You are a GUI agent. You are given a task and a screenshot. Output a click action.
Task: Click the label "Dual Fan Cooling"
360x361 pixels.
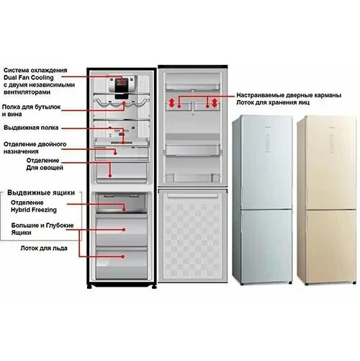pos(29,78)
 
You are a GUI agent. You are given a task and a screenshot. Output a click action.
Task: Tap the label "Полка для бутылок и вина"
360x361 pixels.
pos(31,110)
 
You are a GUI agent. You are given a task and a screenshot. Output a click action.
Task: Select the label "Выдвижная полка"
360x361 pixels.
pos(31,128)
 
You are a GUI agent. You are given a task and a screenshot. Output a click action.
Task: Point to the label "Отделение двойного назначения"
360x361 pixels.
pos(35,148)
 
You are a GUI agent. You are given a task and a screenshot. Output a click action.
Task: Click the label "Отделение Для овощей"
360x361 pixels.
pos(45,164)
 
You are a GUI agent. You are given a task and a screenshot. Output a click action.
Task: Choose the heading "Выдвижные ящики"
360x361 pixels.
pos(41,192)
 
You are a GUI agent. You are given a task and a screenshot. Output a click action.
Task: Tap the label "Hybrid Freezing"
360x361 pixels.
pos(34,210)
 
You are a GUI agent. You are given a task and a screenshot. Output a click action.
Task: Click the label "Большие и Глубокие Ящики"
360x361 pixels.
pos(42,229)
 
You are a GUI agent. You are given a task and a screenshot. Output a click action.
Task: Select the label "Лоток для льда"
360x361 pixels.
pos(44,248)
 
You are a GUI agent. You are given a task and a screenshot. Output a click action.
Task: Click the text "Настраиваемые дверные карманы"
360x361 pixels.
pos(289,95)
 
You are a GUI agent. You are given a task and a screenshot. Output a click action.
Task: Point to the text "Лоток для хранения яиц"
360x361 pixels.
pos(273,102)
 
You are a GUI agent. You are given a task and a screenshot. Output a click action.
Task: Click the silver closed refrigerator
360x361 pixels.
pos(262,200)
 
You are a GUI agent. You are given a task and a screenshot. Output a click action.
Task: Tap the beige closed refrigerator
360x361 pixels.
pos(327,200)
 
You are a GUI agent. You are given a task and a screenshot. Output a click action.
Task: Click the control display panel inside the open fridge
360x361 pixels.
pos(122,86)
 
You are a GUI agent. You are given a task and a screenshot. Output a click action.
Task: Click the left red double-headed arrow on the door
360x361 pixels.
pos(171,103)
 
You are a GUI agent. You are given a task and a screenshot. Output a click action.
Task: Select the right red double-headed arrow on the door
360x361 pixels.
pos(215,103)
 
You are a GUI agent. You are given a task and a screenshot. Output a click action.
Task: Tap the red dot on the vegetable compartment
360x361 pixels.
pos(110,176)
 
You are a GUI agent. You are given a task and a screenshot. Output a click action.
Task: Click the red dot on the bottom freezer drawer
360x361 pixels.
pos(123,257)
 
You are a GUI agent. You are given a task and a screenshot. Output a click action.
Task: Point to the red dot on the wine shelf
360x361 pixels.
pos(124,103)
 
